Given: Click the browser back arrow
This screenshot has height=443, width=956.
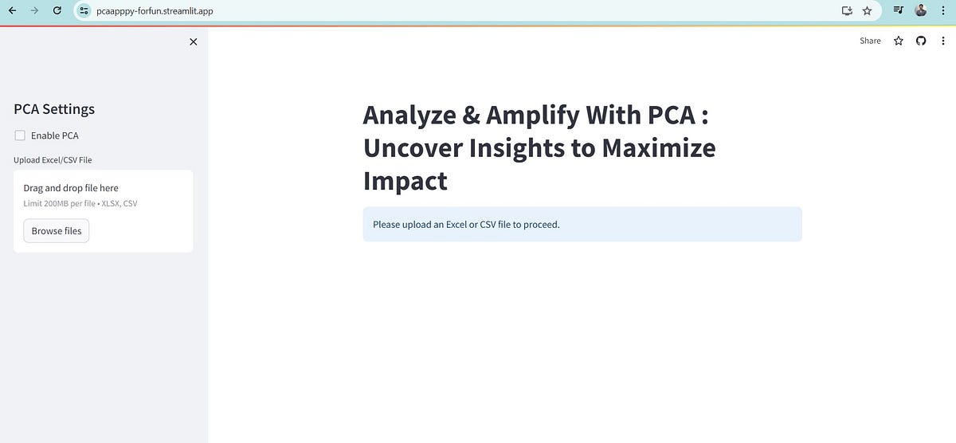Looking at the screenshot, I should (12, 11).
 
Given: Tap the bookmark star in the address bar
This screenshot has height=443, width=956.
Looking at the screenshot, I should (867, 11).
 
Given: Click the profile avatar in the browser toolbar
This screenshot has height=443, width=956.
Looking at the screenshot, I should (921, 11).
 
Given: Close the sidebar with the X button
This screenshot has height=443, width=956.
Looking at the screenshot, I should (193, 42).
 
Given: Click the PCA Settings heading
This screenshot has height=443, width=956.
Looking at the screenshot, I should (54, 109).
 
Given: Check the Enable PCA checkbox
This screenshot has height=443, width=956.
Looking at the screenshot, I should (21, 135).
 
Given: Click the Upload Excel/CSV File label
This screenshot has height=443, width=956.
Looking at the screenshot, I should (53, 160).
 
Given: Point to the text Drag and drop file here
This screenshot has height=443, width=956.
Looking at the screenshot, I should (71, 188).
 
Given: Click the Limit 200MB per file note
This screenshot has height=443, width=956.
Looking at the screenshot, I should (80, 204).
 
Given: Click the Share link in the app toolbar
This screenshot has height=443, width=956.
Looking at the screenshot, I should (870, 41).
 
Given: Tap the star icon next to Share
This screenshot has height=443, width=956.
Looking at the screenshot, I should (899, 41).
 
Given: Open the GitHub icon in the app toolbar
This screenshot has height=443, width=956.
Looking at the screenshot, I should (921, 41).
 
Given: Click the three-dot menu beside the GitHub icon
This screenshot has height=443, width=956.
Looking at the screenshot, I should (943, 41).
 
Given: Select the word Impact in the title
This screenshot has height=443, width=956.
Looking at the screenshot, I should (405, 181).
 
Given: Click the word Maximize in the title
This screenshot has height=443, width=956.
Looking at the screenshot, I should (658, 148).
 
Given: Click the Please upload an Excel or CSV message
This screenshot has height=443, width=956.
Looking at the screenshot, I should (466, 225).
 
